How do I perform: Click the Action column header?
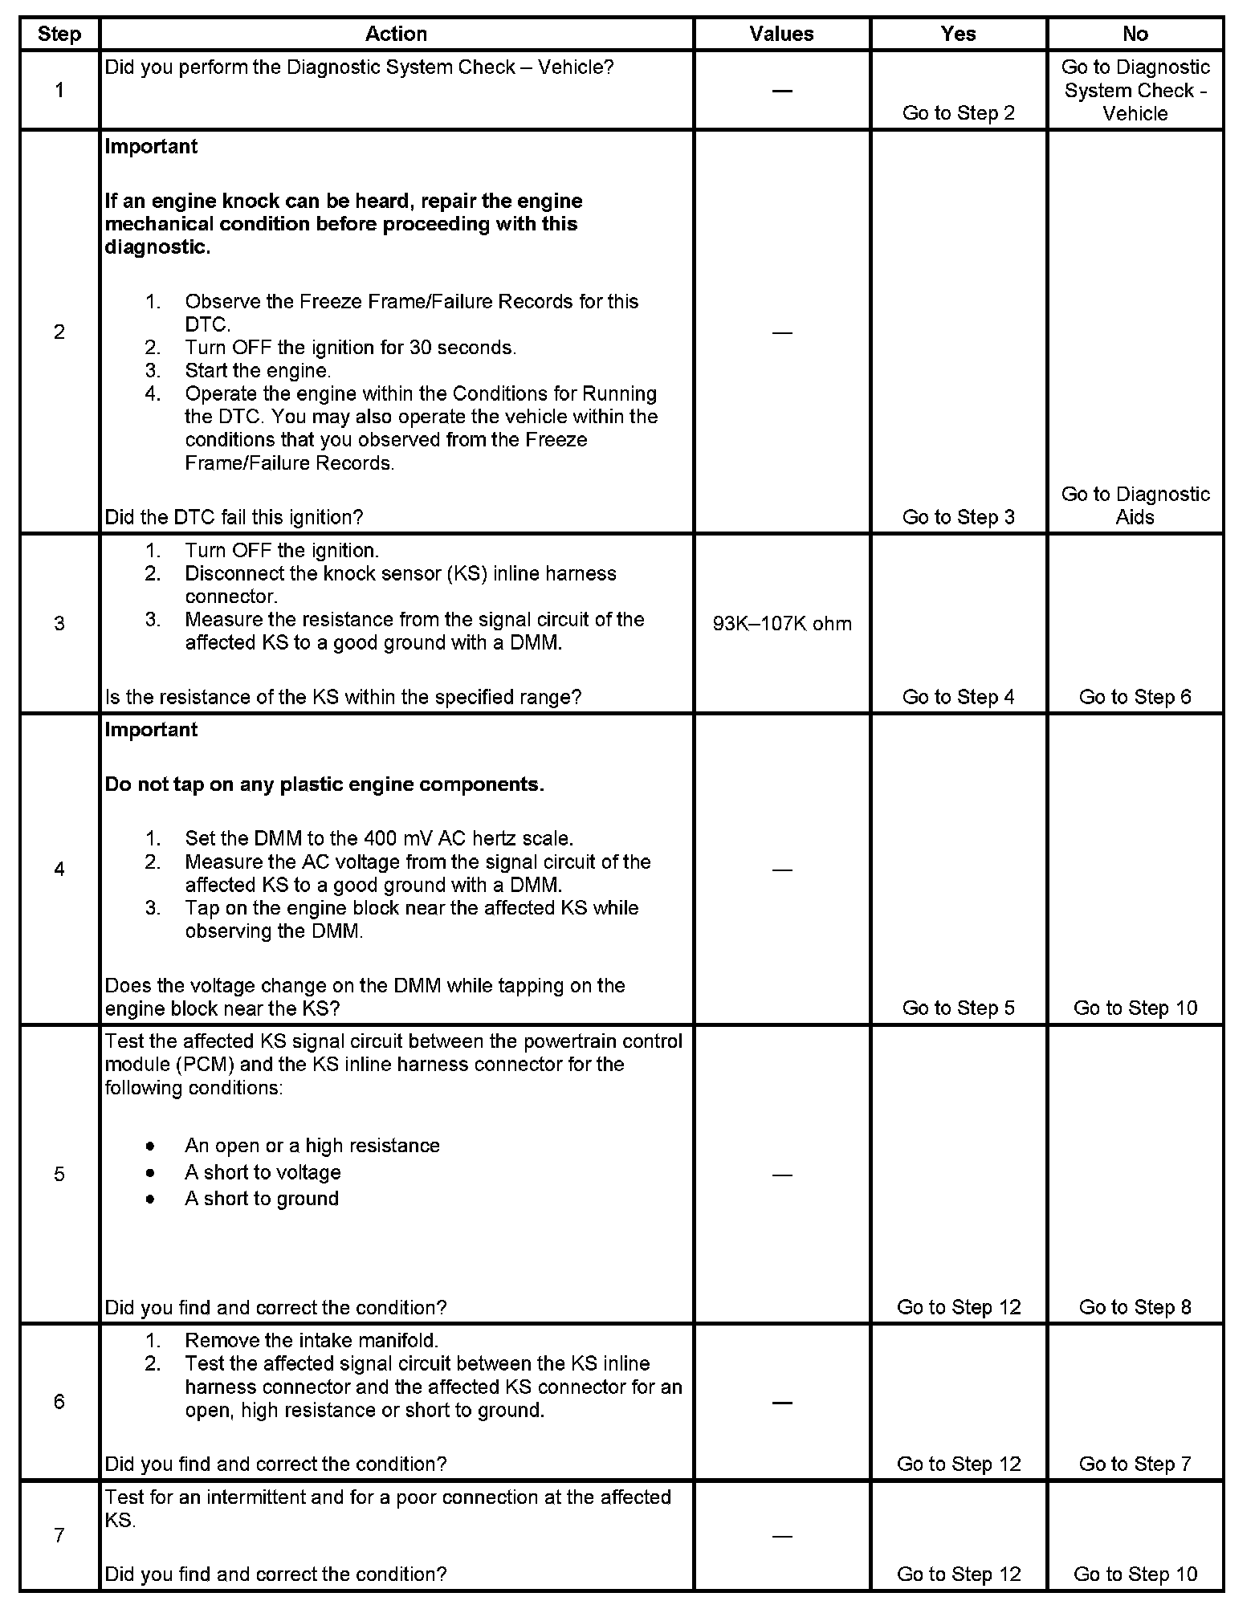coord(396,34)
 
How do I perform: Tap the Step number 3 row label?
coord(59,624)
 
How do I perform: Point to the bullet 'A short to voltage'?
coord(263,1172)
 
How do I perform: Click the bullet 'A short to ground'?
coord(262,1199)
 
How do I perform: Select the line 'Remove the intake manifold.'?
coord(312,1340)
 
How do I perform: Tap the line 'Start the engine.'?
coord(258,371)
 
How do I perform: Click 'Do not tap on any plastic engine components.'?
coord(324,784)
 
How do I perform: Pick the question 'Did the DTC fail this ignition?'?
coord(234,517)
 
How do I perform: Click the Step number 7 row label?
coord(59,1535)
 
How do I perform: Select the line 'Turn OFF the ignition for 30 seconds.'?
coord(350,348)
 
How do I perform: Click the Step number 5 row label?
coord(59,1175)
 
